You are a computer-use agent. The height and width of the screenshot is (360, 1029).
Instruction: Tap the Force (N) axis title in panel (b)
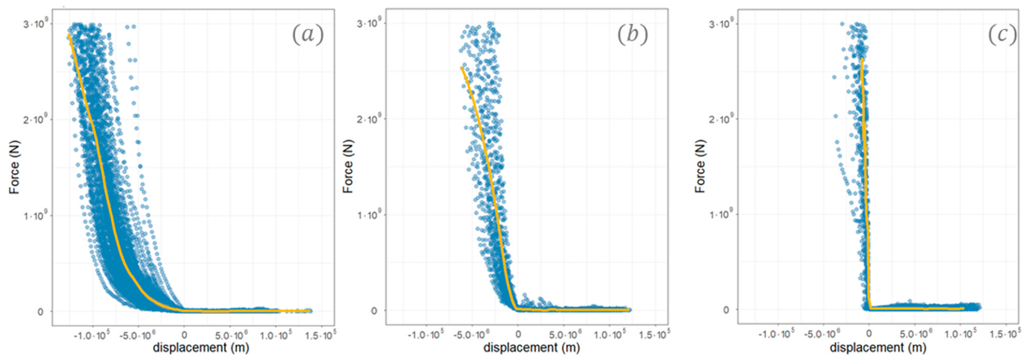[348, 167]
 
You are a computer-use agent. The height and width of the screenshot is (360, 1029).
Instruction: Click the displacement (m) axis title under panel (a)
[201, 348]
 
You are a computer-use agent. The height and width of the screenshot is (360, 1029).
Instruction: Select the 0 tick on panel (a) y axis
[40, 312]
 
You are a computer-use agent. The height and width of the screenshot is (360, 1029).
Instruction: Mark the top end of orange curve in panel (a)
[69, 35]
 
